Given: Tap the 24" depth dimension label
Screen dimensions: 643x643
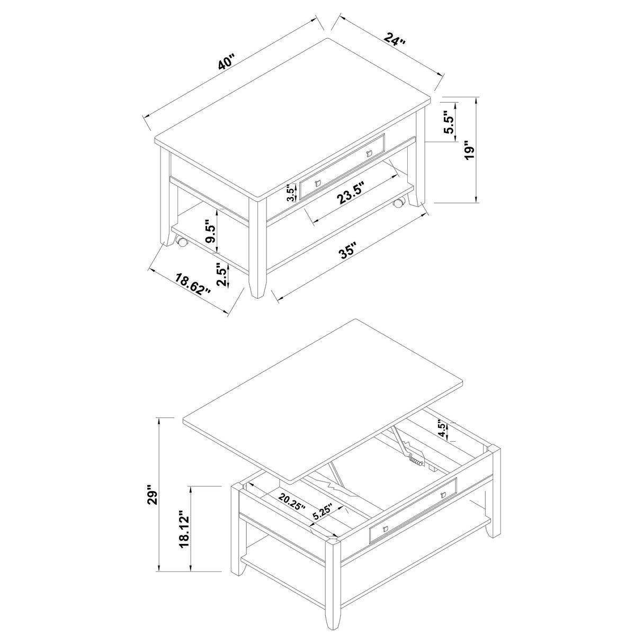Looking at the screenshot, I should (396, 41).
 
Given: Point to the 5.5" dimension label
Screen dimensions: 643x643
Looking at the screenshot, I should (449, 124).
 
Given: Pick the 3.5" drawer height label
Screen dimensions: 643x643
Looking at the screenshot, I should (290, 193).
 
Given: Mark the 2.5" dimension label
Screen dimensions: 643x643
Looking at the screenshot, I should (221, 276).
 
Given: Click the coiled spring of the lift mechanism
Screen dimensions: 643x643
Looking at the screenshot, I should (417, 462).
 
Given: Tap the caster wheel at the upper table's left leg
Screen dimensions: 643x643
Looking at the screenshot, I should (182, 243).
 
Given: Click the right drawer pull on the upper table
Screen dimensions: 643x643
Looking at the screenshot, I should (370, 154).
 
